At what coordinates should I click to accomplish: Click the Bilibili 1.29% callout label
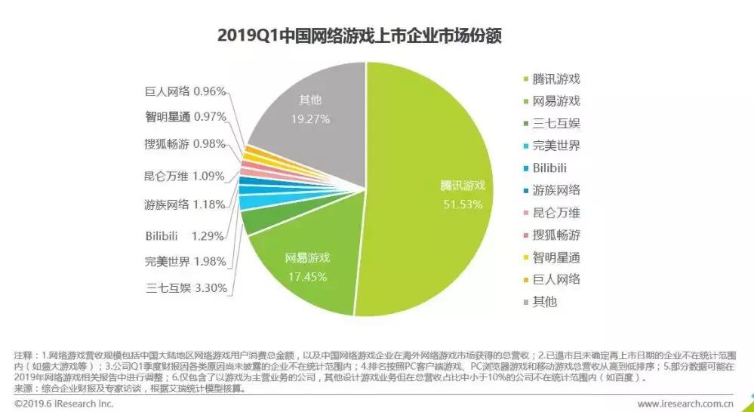[185, 235]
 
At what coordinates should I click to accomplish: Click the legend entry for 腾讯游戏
[555, 78]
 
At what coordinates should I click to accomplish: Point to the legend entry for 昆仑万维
[555, 212]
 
